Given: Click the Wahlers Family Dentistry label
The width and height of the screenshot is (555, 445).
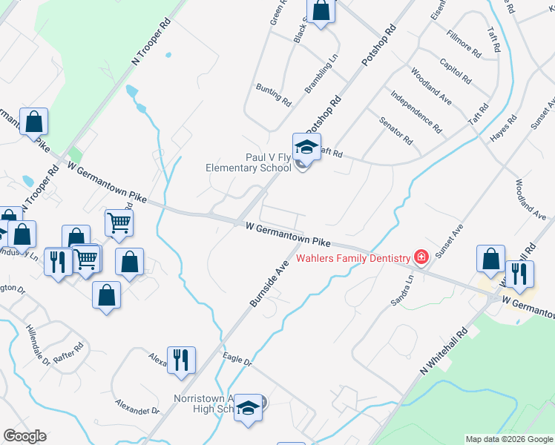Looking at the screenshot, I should pos(353,258).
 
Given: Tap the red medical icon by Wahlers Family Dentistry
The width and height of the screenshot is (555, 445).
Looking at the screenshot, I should pos(421,258).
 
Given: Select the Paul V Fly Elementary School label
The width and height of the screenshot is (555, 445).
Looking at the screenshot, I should pos(248,162).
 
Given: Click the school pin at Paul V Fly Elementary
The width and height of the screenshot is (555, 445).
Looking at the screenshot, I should pos(306,146).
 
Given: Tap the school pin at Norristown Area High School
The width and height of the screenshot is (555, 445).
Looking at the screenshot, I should pos(249,409).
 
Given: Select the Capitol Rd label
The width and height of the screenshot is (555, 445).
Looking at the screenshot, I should pos(455,70).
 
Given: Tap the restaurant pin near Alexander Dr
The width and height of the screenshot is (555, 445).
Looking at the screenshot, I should pos(181,361).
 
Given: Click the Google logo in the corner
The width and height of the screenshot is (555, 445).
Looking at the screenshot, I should pos(24,436).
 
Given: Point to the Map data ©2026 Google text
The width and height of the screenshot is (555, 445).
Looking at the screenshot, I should pos(508,439).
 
